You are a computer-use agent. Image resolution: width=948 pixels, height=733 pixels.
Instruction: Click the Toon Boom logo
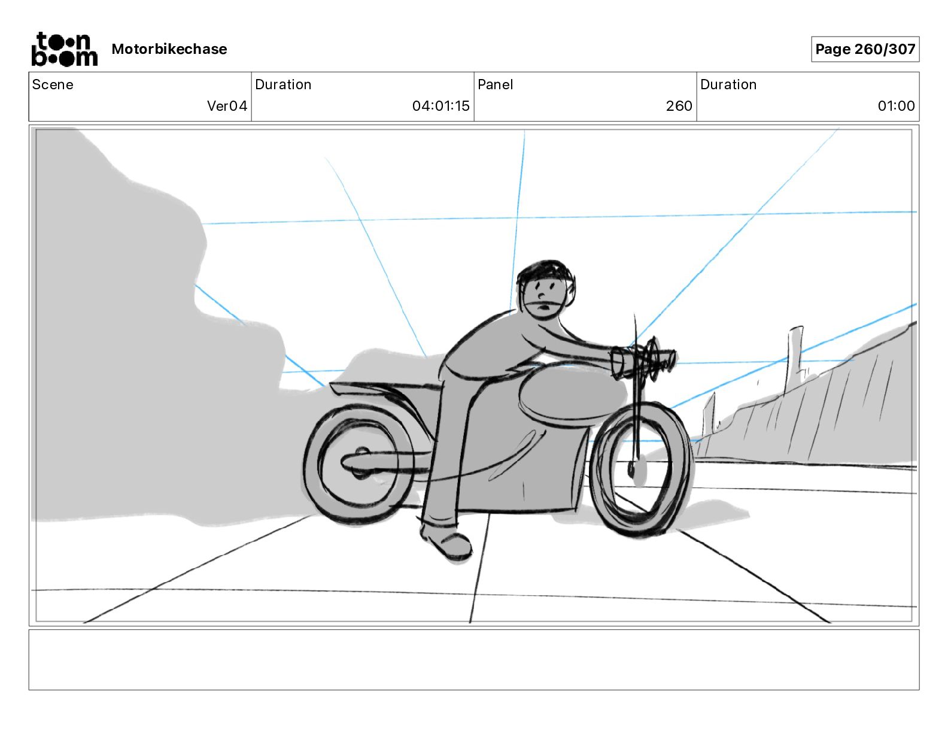64,49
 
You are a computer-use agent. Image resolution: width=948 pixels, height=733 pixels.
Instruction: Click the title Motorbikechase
169,49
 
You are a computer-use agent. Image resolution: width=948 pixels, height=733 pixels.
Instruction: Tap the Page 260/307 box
865,49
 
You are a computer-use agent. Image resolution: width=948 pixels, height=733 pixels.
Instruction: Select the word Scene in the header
53,84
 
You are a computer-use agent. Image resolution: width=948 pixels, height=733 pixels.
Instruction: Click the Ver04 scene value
227,106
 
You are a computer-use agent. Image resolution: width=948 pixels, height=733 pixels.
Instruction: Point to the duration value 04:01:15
440,106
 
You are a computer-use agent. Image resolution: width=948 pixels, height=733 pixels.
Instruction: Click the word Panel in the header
495,84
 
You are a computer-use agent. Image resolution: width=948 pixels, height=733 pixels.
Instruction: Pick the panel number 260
679,106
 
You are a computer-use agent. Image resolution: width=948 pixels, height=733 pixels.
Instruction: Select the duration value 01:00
896,106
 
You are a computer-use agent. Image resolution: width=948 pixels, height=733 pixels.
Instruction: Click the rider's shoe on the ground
449,543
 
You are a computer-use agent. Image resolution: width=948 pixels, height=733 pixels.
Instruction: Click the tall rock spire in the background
795,353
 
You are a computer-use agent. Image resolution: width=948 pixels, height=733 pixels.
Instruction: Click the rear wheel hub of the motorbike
361,462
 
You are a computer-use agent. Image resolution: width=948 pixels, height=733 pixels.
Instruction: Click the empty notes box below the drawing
473,659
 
